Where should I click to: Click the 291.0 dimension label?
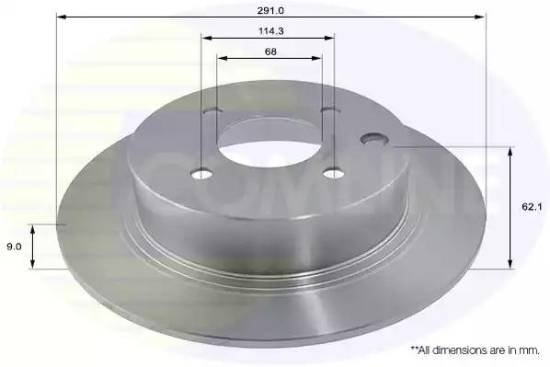pos(270,10)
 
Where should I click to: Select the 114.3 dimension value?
pos(270,31)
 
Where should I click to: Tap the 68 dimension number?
pos(270,52)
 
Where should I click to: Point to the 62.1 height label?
pos(532,207)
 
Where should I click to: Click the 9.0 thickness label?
pos(14,247)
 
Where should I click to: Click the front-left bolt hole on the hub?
pos(201,174)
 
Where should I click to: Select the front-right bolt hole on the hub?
pos(334,173)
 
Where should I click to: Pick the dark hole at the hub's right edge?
pos(374,138)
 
